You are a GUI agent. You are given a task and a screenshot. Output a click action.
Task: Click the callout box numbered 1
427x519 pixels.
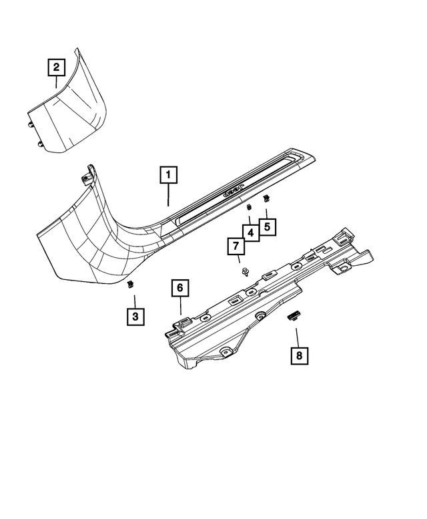click(169, 176)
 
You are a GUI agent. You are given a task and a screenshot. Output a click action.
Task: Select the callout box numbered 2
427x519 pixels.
click(56, 67)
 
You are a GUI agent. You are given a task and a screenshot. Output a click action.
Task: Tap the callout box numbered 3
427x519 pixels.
click(135, 316)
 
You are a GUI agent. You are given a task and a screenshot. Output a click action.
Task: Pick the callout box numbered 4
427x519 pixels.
click(250, 232)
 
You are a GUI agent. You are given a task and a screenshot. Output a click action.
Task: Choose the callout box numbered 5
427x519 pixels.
click(267, 227)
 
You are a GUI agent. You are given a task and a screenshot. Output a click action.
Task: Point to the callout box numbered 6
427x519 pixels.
click(179, 289)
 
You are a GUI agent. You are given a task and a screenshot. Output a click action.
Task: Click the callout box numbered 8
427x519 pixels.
click(299, 355)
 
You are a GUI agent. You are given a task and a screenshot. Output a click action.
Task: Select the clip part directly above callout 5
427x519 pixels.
click(266, 198)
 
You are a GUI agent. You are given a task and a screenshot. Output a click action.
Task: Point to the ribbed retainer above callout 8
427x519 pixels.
click(294, 316)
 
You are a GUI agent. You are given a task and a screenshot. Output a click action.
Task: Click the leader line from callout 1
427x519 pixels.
click(169, 196)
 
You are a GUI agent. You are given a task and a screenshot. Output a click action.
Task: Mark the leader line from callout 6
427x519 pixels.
click(180, 308)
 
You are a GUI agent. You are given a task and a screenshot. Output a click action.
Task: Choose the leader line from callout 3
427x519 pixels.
click(134, 298)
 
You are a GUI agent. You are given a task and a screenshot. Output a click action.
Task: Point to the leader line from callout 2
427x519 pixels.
click(56, 83)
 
